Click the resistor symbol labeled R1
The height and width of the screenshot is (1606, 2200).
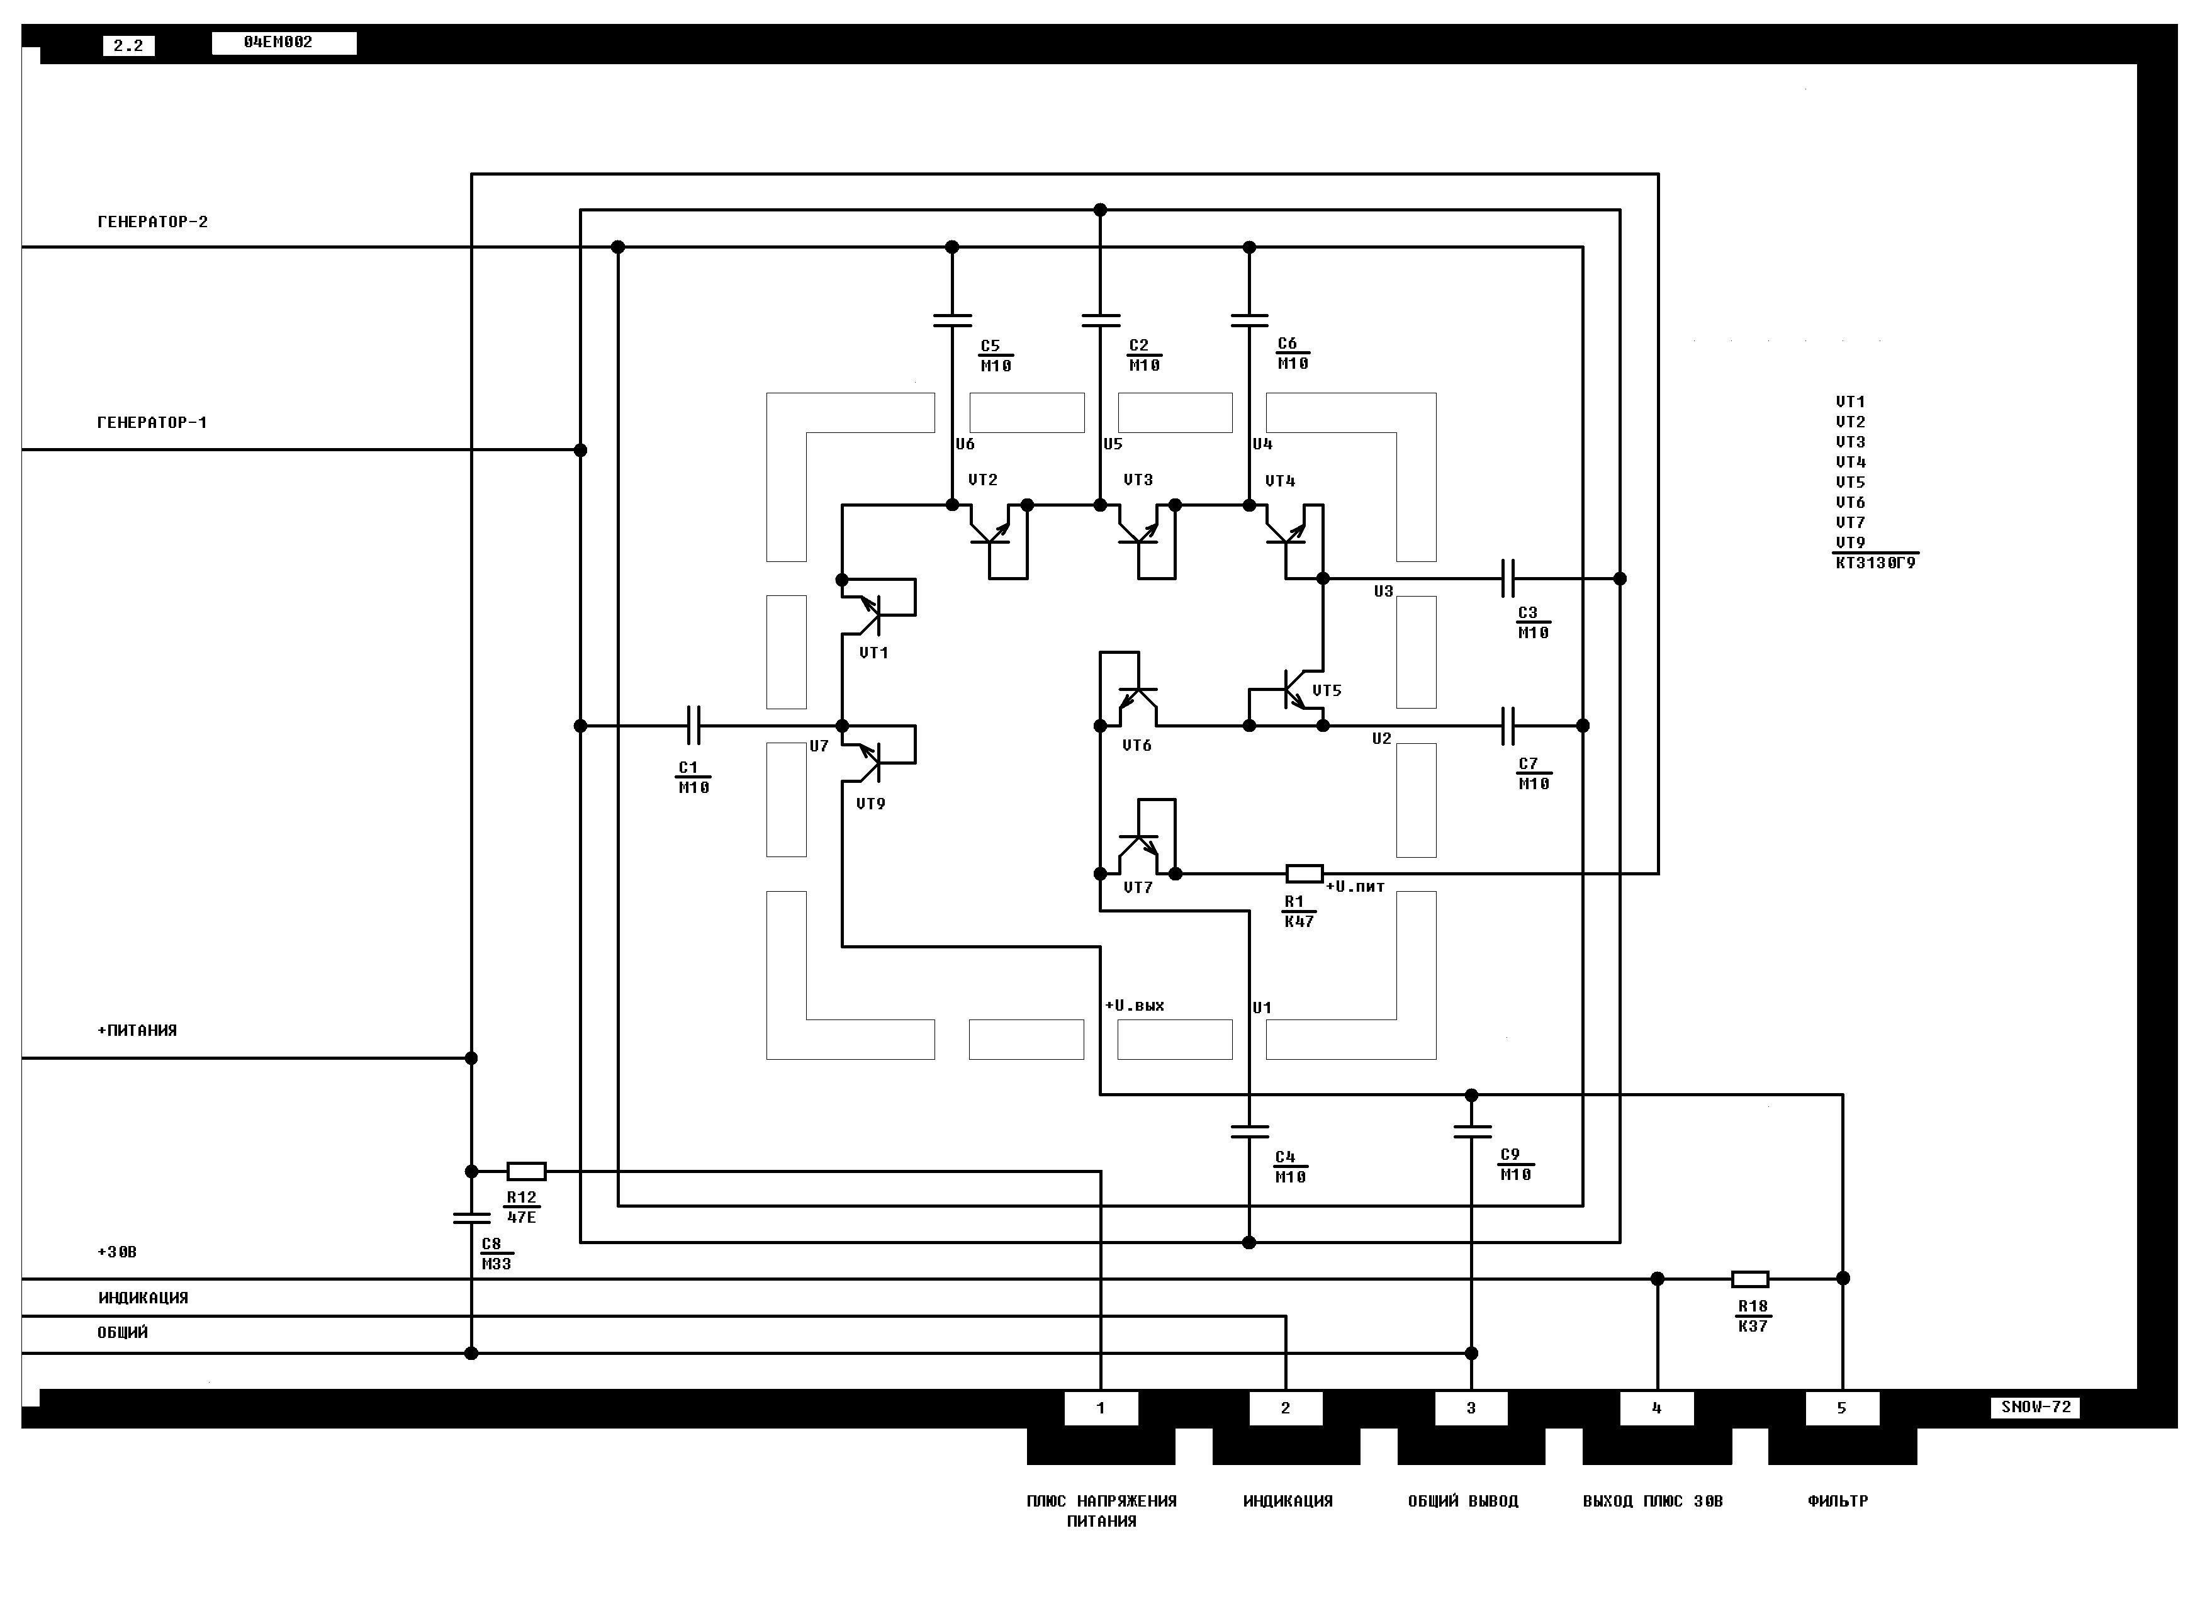[1304, 873]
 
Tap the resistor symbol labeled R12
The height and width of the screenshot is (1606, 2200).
[526, 1171]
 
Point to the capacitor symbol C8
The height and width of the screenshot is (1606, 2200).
[471, 1217]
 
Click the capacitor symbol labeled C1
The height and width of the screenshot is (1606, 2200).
[693, 725]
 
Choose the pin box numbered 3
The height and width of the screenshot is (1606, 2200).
[1471, 1408]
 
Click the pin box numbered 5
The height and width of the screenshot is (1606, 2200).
[1841, 1408]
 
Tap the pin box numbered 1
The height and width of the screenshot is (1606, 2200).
[1101, 1408]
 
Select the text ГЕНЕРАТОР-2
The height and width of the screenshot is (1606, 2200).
[153, 222]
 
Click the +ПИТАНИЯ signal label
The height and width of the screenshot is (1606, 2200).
[137, 1030]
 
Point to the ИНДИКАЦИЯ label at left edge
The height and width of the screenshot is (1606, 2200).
[143, 1298]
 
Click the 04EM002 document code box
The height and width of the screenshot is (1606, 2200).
[284, 43]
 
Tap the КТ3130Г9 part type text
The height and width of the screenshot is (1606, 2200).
[1875, 563]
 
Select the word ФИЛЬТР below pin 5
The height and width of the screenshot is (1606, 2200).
[1838, 1501]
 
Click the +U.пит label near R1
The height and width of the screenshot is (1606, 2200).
[1355, 887]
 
